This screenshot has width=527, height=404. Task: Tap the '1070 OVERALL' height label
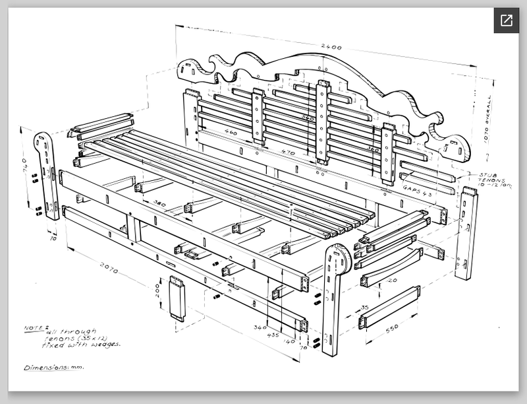click(488, 119)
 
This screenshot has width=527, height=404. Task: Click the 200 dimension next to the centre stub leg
click(157, 290)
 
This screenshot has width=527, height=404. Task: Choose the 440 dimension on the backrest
click(231, 133)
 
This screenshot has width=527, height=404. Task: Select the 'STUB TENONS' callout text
click(491, 177)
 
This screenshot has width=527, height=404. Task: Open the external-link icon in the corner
click(506, 20)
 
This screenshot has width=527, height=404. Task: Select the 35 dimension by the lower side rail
click(364, 308)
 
